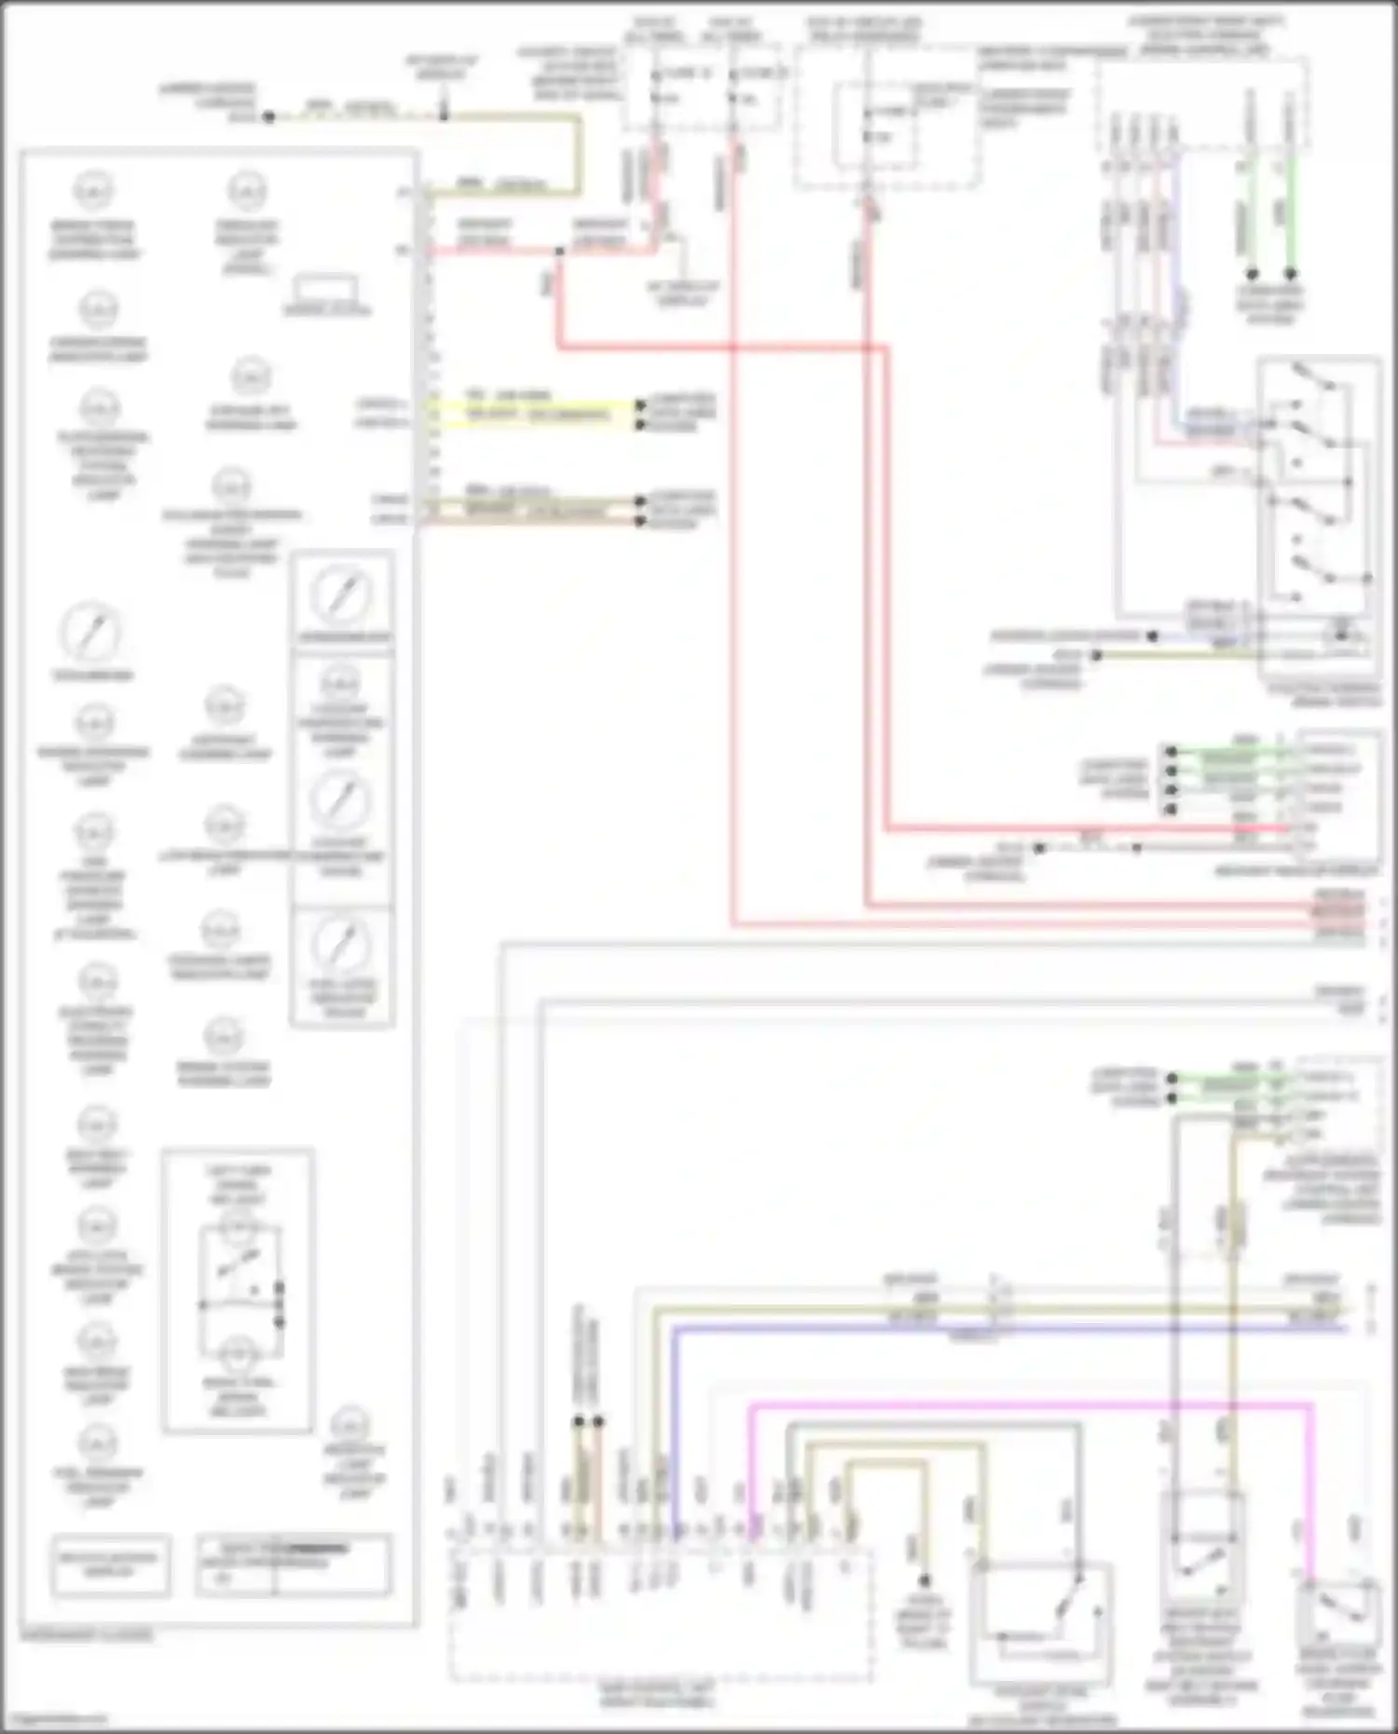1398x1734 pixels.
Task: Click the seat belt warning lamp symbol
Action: point(96,1127)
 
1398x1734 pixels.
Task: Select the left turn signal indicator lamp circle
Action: point(238,1232)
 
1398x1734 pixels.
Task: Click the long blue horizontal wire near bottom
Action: point(1007,1328)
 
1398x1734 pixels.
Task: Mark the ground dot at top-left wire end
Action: point(268,117)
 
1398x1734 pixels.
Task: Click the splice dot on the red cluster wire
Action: point(558,252)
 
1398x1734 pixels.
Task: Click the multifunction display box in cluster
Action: point(110,1564)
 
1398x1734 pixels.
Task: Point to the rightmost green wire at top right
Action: point(1291,214)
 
